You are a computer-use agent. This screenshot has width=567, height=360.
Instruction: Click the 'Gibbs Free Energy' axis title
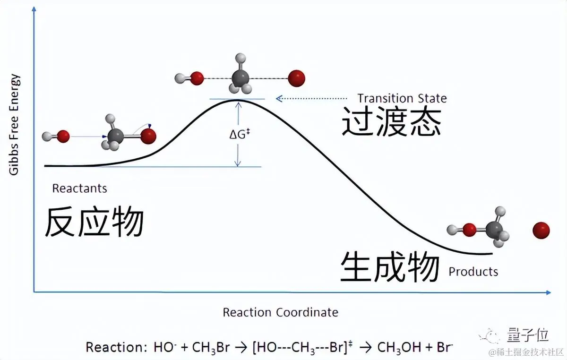[x=14, y=124]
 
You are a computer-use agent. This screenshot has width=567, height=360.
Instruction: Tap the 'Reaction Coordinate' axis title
[x=280, y=312]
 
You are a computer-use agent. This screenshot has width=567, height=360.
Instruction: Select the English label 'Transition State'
[x=402, y=98]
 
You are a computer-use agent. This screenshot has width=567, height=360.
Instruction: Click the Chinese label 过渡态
[x=391, y=121]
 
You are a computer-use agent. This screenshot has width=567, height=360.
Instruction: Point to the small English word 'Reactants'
[x=79, y=189]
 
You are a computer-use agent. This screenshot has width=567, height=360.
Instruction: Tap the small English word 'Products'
[x=473, y=272]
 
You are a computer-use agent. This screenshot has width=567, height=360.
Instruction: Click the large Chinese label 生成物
[x=390, y=267]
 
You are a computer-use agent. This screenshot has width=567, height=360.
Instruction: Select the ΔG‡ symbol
[x=239, y=135]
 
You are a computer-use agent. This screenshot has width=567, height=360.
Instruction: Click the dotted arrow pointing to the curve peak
[x=312, y=98]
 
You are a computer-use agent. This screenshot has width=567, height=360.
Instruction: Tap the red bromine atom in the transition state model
[x=297, y=78]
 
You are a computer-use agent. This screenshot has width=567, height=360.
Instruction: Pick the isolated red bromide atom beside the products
[x=541, y=231]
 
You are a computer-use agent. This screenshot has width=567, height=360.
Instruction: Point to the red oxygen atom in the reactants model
[x=63, y=137]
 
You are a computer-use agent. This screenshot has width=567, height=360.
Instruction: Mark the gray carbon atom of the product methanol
[x=494, y=230]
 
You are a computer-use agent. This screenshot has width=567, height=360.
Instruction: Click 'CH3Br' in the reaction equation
[x=211, y=348]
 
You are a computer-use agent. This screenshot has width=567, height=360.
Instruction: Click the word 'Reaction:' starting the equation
[x=116, y=348]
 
